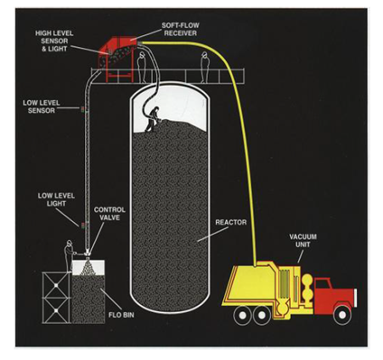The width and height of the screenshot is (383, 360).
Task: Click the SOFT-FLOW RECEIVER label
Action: click(180, 29)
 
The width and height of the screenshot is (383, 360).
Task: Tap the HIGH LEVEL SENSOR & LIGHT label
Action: click(54, 41)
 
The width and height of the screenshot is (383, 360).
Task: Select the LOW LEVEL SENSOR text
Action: click(42, 106)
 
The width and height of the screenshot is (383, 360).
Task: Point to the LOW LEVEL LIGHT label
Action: click(56, 199)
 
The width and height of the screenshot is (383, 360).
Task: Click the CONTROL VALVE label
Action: click(109, 214)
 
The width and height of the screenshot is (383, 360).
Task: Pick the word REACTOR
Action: click(230, 222)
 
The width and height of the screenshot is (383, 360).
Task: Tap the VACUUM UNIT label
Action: click(303, 240)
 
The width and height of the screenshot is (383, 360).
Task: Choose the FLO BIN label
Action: click(121, 315)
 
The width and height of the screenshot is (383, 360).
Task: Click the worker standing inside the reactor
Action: click(152, 119)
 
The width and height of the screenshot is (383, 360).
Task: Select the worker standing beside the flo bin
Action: click(70, 255)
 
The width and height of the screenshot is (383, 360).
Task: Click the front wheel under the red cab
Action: click(341, 315)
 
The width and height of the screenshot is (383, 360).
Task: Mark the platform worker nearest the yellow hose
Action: click(205, 67)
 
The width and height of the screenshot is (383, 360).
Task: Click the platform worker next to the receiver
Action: click(142, 67)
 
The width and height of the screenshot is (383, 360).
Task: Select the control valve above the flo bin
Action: click(88, 254)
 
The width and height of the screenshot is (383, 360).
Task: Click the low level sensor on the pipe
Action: click(82, 108)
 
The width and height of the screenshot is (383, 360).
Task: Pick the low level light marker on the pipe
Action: click(82, 225)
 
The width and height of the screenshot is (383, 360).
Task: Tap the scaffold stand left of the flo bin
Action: click(56, 298)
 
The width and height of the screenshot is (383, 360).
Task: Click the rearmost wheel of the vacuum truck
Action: click(241, 315)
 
